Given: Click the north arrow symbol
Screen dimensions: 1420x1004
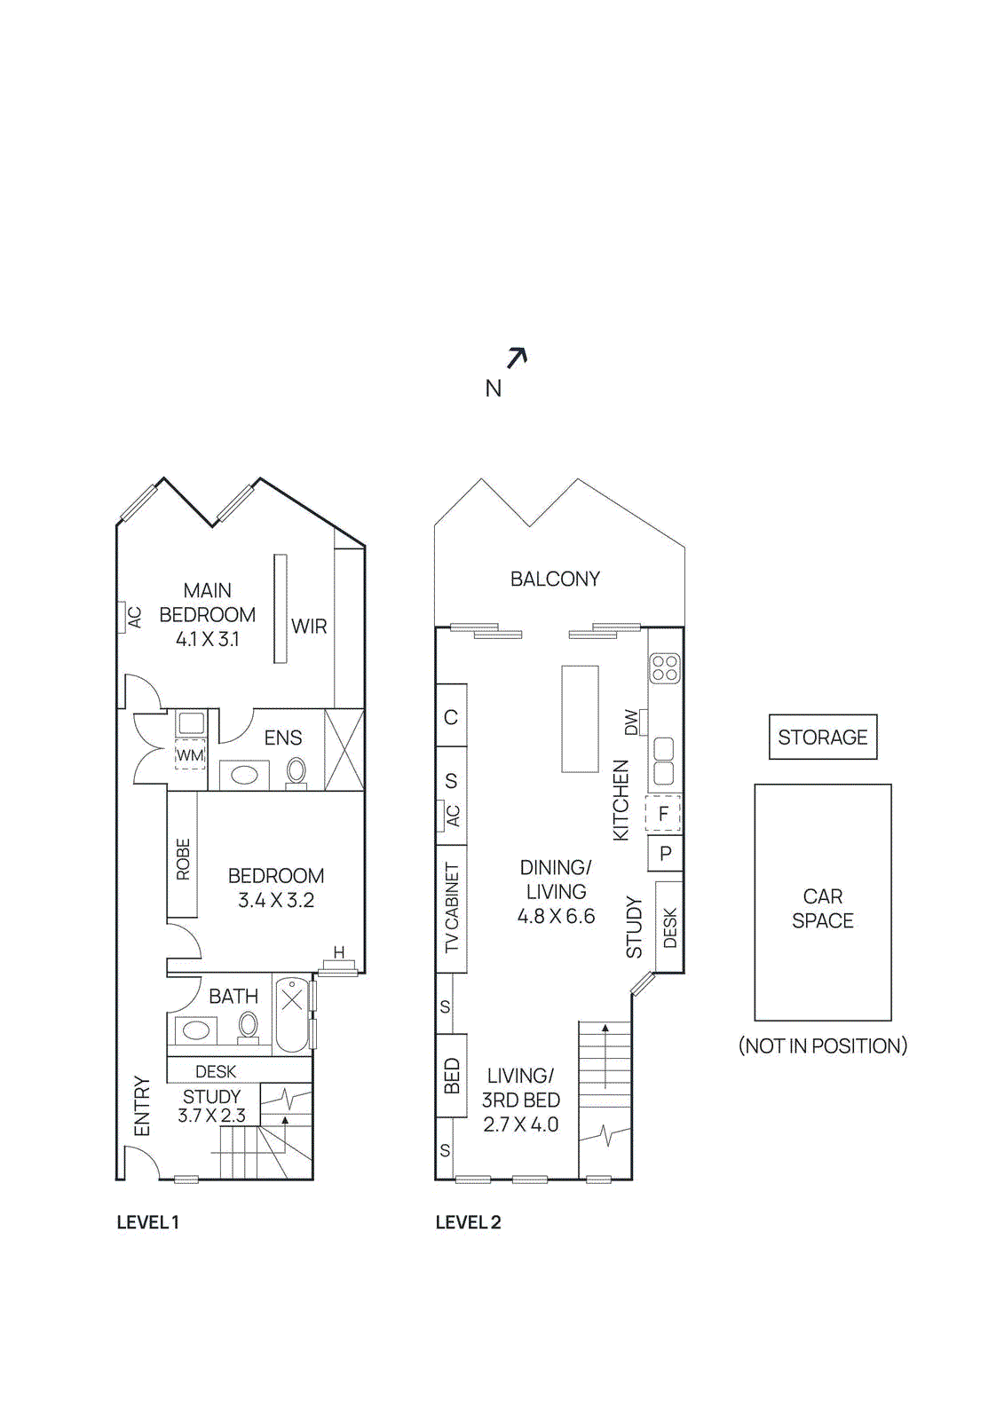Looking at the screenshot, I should (517, 358).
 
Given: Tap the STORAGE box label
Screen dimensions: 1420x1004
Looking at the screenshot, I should (822, 738).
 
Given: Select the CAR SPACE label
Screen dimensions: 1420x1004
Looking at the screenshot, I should (822, 909).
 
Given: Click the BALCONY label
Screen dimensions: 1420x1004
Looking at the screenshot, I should (555, 579).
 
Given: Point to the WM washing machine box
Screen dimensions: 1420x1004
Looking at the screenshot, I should (190, 754).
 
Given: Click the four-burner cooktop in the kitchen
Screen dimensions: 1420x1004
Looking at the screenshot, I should (665, 667).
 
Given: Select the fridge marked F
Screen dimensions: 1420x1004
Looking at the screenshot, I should (663, 814).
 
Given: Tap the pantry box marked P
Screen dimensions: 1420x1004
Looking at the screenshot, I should (665, 854).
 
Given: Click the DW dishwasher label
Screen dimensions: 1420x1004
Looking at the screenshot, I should (631, 722).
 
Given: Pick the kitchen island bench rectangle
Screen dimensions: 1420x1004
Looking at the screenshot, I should (580, 719).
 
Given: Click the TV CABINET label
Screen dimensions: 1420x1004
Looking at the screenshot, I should (452, 908).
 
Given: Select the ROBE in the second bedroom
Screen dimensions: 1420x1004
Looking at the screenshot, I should (183, 858).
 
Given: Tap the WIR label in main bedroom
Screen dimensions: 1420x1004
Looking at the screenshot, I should (309, 627).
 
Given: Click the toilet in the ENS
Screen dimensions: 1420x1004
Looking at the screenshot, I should (296, 771).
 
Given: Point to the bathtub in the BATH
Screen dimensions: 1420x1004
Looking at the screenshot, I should (292, 1014).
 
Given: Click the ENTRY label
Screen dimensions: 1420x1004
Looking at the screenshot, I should (142, 1106).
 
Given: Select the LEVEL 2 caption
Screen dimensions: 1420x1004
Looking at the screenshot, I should (468, 1222).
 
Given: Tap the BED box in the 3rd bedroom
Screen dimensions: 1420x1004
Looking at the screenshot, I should (451, 1076).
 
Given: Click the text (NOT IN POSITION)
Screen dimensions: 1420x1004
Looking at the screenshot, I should (822, 1045).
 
